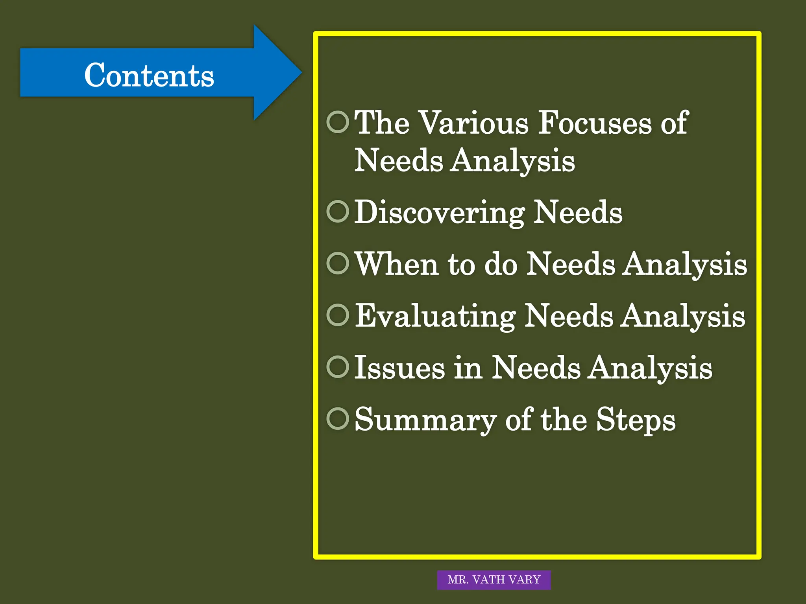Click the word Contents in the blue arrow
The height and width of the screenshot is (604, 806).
(149, 75)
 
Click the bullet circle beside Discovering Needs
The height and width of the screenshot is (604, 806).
(338, 212)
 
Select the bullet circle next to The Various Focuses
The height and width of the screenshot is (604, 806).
(338, 122)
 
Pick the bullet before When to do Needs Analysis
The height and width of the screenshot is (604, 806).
(338, 263)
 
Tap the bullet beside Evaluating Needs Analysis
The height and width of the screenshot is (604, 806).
(338, 315)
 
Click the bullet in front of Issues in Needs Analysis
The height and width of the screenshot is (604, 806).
(338, 367)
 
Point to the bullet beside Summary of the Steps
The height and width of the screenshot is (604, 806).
(338, 419)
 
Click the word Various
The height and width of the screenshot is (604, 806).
(473, 123)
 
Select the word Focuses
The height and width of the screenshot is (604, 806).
(595, 123)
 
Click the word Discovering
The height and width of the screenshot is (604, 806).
(440, 212)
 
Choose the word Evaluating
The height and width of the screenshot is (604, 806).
(435, 316)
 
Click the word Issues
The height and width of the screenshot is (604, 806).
(399, 368)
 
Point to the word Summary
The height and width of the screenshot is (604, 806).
(425, 420)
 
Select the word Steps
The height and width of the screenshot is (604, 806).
(636, 420)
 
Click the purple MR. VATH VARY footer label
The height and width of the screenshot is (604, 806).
(494, 580)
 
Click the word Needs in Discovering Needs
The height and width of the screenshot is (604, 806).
(578, 212)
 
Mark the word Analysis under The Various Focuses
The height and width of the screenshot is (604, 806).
(512, 161)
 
